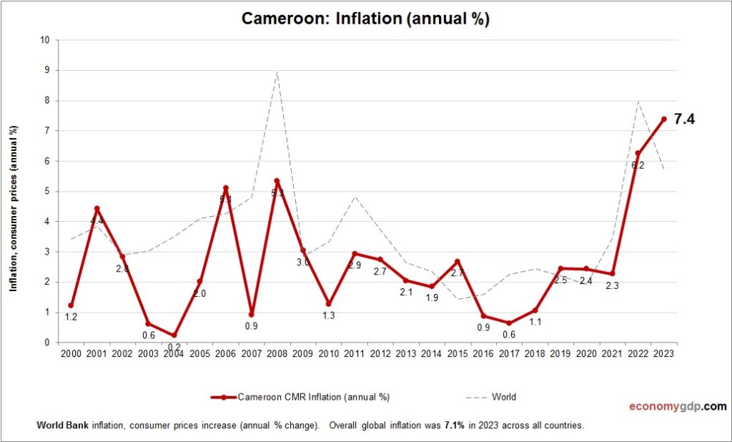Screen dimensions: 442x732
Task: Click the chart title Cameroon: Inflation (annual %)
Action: click(x=365, y=19)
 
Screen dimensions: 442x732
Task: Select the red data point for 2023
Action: click(x=663, y=119)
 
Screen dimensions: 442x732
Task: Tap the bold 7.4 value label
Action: click(x=684, y=119)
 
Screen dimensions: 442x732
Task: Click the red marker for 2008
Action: click(x=277, y=181)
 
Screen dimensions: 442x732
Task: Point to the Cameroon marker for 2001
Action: click(x=97, y=209)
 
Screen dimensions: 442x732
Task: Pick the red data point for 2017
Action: click(x=509, y=323)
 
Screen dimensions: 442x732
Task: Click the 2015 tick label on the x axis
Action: click(x=457, y=353)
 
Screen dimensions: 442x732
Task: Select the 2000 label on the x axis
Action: click(x=71, y=353)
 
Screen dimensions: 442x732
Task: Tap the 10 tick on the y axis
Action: click(x=44, y=40)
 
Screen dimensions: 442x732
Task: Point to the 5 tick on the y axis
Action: click(x=46, y=191)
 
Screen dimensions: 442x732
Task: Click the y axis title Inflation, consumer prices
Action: click(x=13, y=208)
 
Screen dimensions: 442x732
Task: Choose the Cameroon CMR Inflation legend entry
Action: click(x=300, y=397)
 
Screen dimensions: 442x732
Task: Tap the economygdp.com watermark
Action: click(x=677, y=406)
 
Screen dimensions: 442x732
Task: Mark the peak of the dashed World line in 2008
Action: click(x=277, y=72)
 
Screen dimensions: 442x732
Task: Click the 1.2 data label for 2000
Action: click(x=71, y=317)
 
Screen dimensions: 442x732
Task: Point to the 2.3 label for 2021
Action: click(x=612, y=285)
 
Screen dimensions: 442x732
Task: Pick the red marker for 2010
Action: click(x=328, y=303)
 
